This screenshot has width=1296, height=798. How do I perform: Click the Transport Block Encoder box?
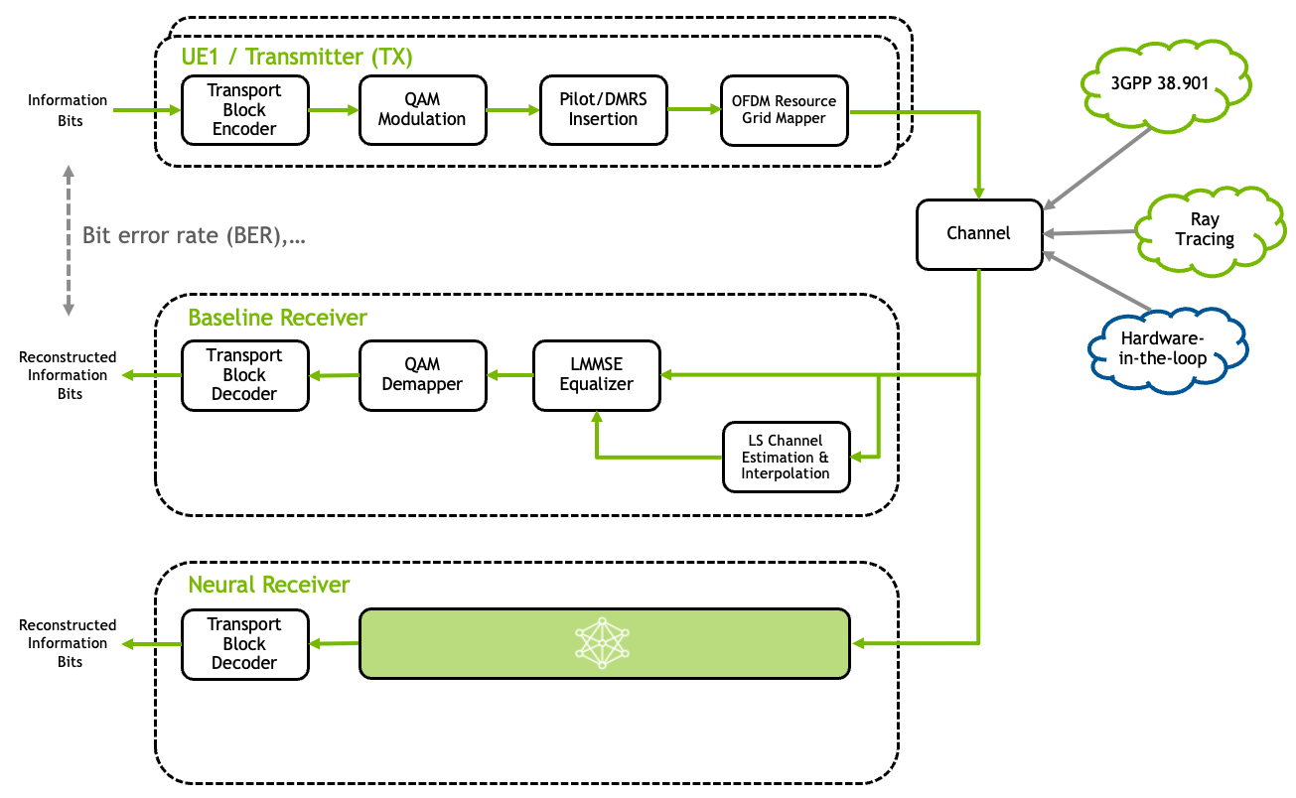pos(244,109)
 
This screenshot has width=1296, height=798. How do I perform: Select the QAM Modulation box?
pos(422,109)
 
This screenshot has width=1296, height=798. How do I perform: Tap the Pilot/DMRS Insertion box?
pos(603,109)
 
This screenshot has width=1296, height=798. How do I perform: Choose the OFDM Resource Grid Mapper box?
pos(784,109)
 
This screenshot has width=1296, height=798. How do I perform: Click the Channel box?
pos(978,234)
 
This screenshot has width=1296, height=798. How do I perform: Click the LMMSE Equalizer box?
pos(596,375)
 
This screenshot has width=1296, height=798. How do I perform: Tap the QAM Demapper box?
pos(422,375)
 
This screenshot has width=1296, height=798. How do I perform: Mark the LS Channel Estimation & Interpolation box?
pos(786,457)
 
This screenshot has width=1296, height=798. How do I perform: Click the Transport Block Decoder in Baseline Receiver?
pos(244,375)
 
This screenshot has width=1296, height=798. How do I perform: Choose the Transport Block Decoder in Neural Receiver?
pos(244,643)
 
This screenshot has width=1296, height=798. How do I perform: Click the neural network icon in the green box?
pos(603,643)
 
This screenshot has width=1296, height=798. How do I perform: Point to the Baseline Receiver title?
pos(277,319)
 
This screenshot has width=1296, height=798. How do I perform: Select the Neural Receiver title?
pos(269,585)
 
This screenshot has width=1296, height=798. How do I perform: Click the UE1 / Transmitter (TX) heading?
pos(296,57)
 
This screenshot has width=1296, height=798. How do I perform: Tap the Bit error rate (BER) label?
pos(193,236)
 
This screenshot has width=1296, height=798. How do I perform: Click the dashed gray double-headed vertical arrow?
pos(69,240)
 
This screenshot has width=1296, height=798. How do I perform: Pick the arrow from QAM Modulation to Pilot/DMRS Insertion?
pos(512,110)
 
